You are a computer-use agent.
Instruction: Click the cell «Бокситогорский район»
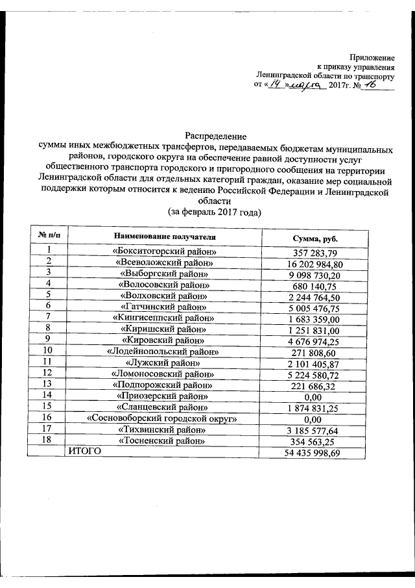pos(164,252)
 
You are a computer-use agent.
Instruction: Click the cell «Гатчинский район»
pos(164,307)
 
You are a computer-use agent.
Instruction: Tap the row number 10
pos(49,351)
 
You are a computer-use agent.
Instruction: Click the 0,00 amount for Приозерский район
pos(313,395)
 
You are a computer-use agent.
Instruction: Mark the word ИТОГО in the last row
pos(86,450)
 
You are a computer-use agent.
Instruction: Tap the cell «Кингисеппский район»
pos(164,318)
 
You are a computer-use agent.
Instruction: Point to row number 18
pos(49,440)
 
